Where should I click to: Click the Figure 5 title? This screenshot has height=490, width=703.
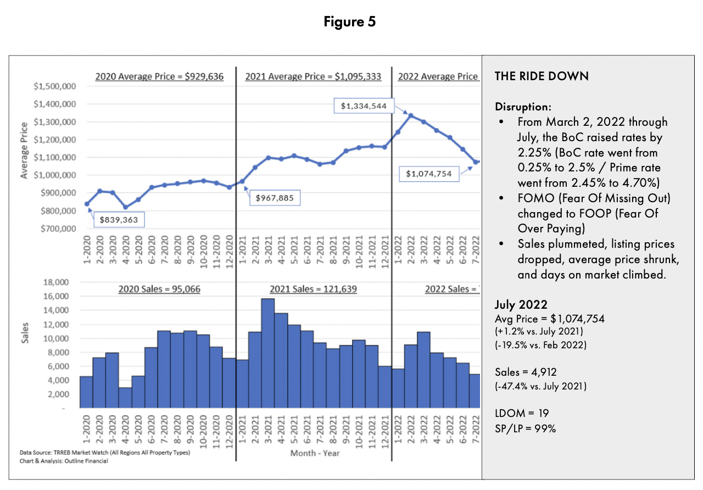(350, 21)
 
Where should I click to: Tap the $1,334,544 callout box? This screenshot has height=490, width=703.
(364, 106)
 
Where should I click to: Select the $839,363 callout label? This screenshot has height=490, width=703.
(119, 219)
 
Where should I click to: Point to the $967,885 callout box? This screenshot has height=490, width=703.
(275, 198)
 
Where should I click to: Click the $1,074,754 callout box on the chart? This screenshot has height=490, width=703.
(429, 174)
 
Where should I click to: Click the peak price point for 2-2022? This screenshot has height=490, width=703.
(411, 115)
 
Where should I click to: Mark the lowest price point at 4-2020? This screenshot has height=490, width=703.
(126, 207)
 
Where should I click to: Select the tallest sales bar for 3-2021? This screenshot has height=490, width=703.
(267, 353)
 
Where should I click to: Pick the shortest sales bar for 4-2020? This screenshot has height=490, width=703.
(125, 397)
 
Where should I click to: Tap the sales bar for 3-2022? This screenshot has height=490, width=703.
(423, 370)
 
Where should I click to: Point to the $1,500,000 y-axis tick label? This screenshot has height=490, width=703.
(55, 86)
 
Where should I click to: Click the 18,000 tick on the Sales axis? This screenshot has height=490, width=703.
(56, 282)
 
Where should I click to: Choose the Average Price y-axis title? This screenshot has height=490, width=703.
(24, 151)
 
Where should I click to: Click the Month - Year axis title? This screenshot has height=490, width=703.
(315, 453)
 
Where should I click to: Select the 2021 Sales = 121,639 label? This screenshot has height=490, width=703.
(313, 289)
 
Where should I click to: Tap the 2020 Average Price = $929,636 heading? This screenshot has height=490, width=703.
(159, 76)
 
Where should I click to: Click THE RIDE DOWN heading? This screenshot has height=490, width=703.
(542, 76)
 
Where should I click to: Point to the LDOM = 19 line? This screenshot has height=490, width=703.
(522, 413)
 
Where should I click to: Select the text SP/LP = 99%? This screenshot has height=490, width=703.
(526, 428)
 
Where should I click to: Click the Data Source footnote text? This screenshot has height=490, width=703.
(105, 452)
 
